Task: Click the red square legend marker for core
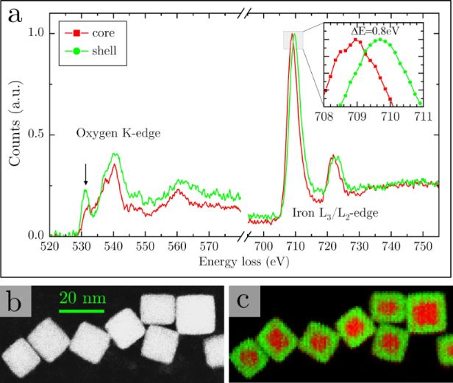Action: [76, 33]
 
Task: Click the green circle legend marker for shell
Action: [76, 51]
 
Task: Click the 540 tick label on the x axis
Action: [113, 246]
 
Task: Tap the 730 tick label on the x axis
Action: [360, 246]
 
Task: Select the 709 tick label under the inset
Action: [357, 116]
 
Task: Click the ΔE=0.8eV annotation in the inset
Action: [375, 31]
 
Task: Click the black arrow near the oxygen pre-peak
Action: [85, 174]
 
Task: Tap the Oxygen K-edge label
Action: [118, 133]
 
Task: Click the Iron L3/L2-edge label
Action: [335, 213]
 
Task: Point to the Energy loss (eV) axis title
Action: [244, 262]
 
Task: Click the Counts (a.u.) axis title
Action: [15, 124]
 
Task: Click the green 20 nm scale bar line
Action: [82, 311]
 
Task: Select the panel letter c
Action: [243, 301]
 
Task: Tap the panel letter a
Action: [15, 15]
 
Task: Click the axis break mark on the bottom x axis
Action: [244, 236]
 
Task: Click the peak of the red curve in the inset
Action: [356, 40]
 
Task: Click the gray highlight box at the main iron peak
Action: [293, 40]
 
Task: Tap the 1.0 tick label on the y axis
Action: [36, 32]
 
